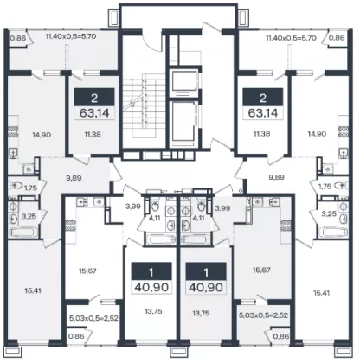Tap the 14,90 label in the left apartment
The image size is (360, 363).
point(42,135)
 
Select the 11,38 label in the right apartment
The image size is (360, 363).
point(260,134)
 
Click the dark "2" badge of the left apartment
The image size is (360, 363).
point(94,98)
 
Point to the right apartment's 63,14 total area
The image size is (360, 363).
point(263,113)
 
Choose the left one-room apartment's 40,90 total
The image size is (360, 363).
point(151,287)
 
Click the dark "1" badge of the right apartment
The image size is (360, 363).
point(206,272)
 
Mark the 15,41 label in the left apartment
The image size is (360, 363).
point(33,290)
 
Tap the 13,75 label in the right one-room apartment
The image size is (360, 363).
point(202,313)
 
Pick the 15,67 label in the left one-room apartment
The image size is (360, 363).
point(87,271)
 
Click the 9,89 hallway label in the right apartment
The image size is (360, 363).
point(276,177)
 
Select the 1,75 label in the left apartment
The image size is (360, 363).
point(30,188)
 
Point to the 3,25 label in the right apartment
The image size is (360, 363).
point(329,213)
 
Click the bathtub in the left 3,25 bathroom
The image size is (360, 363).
point(22,232)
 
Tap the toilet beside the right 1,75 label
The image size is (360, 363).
point(340,186)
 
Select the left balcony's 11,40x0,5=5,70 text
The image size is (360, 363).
point(71,36)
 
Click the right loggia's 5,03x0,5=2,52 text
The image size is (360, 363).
point(263,315)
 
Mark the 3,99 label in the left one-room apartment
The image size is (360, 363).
point(133,207)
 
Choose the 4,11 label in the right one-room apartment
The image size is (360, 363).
point(198,218)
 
